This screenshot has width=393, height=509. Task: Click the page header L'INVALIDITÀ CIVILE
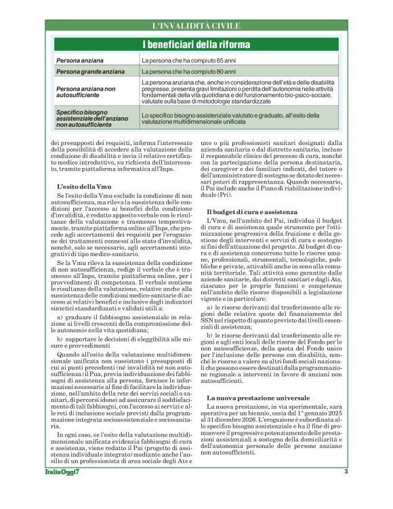click(x=196, y=26)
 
